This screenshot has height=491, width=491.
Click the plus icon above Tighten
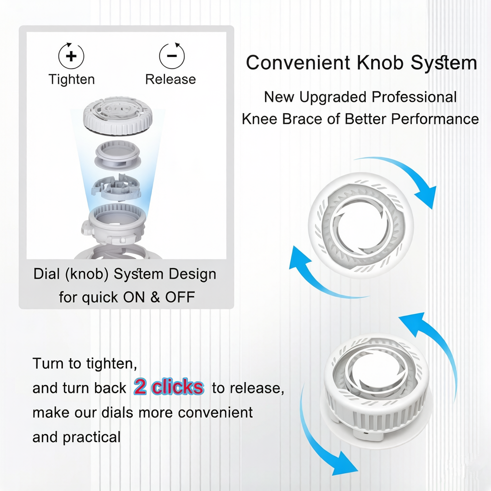pyautogui.click(x=71, y=56)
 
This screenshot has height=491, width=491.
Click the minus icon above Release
pyautogui.click(x=172, y=56)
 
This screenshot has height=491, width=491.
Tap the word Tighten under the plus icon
pyautogui.click(x=72, y=80)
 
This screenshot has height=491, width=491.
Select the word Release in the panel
pyautogui.click(x=170, y=79)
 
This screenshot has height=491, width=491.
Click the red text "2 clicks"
pyautogui.click(x=169, y=387)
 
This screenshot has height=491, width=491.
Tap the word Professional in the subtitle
pyautogui.click(x=414, y=97)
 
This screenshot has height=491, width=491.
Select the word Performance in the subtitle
pyautogui.click(x=435, y=119)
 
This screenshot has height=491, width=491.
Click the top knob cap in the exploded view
pyautogui.click(x=118, y=117)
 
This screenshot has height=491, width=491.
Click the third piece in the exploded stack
pyautogui.click(x=116, y=187)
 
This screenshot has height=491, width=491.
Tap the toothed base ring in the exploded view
pyautogui.click(x=117, y=222)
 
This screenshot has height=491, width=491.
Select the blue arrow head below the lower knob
pyautogui.click(x=345, y=464)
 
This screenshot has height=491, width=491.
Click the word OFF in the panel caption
pyautogui.click(x=180, y=297)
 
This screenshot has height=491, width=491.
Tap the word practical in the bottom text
pyautogui.click(x=92, y=437)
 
